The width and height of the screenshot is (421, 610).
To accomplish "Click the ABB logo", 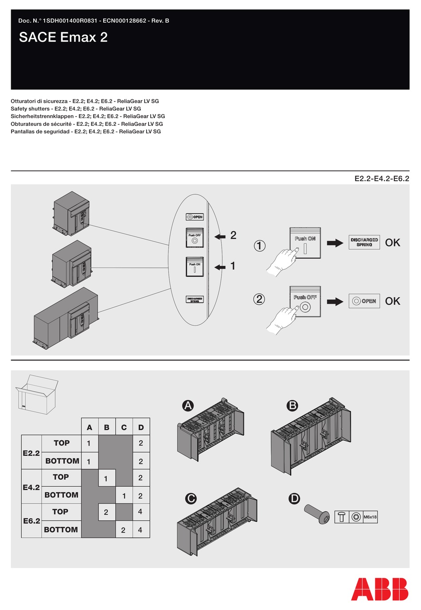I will [380, 589].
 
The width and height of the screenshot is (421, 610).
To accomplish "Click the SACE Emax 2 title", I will [63, 37].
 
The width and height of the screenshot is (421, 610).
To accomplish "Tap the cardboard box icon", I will [37, 394].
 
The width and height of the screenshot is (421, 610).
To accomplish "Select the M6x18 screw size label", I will [370, 517].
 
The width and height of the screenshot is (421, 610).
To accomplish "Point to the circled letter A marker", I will [188, 405].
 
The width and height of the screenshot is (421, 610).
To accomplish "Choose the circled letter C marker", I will [191, 498].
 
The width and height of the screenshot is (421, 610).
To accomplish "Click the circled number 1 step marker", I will [260, 245].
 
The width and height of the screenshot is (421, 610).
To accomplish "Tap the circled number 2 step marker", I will [259, 299].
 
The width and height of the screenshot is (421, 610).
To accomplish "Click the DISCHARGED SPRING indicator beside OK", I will [364, 242].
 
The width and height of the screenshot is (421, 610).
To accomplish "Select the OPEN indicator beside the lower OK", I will [364, 301].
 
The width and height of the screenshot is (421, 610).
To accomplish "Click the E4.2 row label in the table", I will [31, 487].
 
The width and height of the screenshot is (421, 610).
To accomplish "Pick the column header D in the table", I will [141, 427].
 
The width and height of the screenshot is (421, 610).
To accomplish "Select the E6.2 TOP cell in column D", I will [140, 512].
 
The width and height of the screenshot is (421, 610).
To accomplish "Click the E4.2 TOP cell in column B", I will [106, 478].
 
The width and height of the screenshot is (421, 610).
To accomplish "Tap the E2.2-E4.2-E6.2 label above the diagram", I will [382, 179].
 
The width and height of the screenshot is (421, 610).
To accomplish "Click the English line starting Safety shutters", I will [76, 109].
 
